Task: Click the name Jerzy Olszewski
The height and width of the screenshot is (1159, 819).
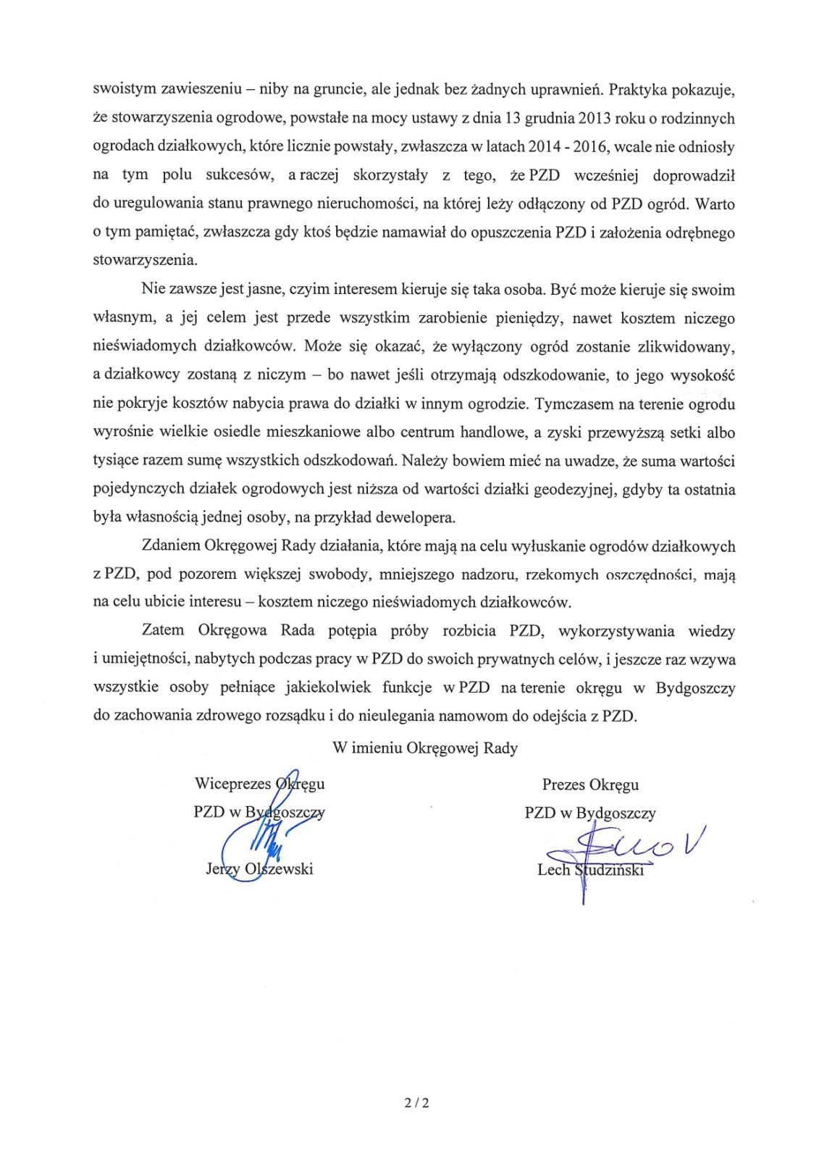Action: coord(259,869)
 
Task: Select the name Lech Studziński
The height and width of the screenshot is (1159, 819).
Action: coord(590,870)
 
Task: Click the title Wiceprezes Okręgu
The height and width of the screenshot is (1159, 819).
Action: coord(259,783)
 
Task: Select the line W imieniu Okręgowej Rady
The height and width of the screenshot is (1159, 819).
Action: coord(425,748)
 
